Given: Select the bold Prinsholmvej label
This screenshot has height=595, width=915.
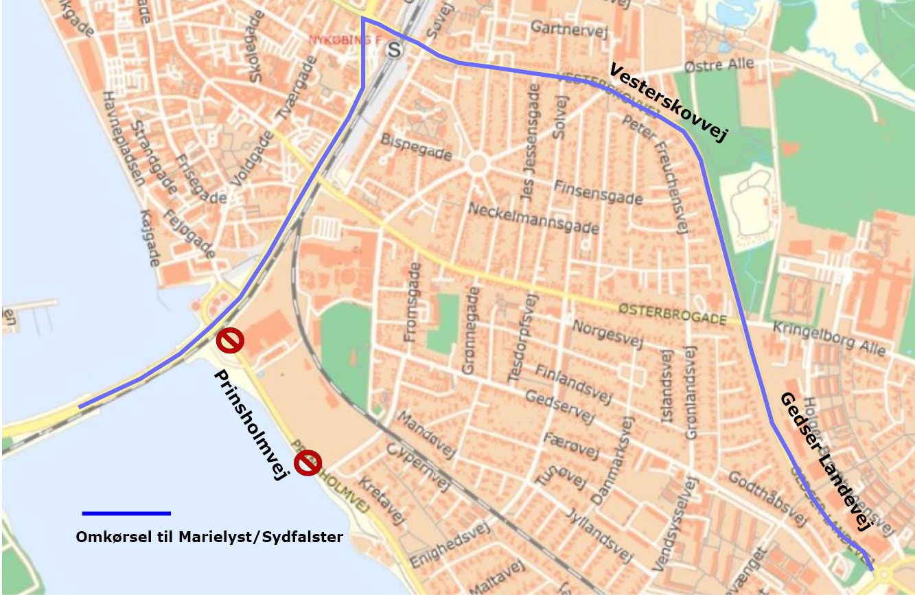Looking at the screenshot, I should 251,425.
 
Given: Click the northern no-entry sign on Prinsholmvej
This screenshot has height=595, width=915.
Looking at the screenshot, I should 230,340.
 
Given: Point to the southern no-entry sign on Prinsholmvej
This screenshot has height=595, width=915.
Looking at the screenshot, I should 308,463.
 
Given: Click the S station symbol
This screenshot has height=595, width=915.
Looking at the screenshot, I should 394,49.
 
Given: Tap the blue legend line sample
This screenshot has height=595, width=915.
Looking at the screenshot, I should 126,513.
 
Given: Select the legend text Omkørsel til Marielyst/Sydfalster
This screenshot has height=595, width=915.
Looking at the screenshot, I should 209,537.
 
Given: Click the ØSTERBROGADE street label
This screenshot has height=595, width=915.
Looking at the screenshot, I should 671,314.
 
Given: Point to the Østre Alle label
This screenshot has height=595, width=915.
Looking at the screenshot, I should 719,66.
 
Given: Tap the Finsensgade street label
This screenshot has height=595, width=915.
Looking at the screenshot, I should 597,192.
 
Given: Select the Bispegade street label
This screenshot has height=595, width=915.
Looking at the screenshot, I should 417,146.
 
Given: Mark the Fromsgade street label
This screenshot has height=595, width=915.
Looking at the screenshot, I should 412,302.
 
